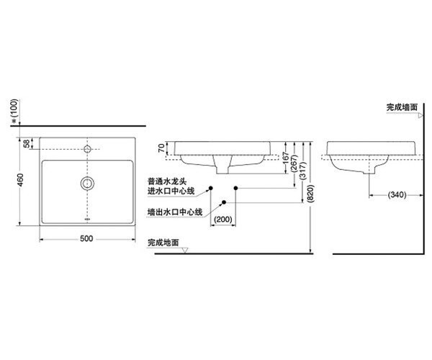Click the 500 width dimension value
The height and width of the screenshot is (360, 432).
[x=86, y=238]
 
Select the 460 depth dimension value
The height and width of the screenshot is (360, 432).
[x=21, y=179]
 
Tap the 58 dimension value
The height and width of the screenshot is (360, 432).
[x=27, y=143]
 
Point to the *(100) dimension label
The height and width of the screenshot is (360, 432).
[x=14, y=112]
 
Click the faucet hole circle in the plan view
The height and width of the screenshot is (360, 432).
[x=87, y=149]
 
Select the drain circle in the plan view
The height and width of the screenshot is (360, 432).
[x=87, y=183]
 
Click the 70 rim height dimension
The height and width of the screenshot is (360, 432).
[x=162, y=148]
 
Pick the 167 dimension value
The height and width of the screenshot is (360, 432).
[x=286, y=158]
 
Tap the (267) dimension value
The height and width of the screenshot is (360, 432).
[x=294, y=163]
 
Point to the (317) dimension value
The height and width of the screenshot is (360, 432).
[x=302, y=171]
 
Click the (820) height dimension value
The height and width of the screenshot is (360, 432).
[x=310, y=194]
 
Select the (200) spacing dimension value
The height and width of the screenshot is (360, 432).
[x=223, y=220]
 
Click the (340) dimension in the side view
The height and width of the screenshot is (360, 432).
[x=397, y=194]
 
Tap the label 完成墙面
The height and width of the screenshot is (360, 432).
[x=402, y=107]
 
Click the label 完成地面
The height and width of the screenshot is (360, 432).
[x=163, y=243]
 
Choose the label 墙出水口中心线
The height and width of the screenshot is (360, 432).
[x=175, y=212]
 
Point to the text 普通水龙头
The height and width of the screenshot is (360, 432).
[x=167, y=181]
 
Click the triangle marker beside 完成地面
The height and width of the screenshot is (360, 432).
[x=185, y=250]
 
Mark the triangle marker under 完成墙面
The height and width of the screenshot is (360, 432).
[x=420, y=116]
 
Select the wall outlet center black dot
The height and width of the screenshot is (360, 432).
[x=224, y=202]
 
